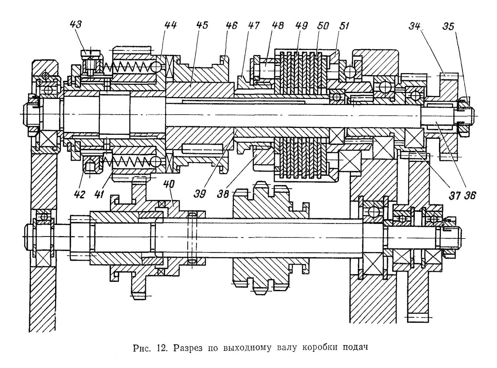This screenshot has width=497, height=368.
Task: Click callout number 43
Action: (76, 25)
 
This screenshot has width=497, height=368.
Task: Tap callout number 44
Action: (171, 25)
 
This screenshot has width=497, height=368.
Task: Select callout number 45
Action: (202, 25)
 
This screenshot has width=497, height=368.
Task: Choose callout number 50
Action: (323, 26)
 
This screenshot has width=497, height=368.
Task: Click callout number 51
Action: (343, 26)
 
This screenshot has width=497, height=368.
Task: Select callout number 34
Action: (414, 26)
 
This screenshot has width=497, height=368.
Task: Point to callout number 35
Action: (448, 26)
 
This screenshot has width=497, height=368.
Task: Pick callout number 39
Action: (200, 194)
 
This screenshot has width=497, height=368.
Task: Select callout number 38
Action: (223, 194)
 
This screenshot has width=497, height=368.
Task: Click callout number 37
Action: (455, 195)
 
